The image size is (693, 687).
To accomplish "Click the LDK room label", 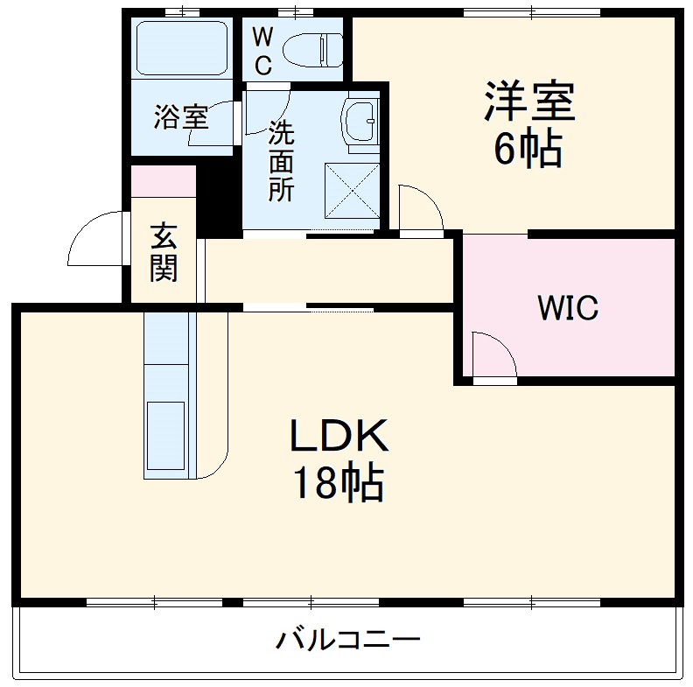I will pos(338,435).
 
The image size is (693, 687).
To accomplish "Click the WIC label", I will pos(567,308).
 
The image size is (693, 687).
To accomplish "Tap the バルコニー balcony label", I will pos(348,641).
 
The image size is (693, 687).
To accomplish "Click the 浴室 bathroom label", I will pos(181,117).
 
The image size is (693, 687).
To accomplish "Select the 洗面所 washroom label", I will pos(281,161).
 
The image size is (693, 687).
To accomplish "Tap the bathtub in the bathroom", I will pos(181,49).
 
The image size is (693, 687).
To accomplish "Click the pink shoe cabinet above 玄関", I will pos(163,181).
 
